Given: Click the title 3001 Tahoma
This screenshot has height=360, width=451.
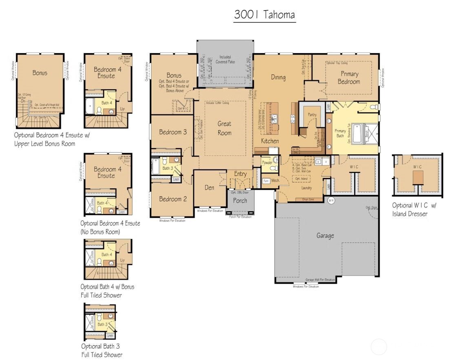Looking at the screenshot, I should tap(264, 15).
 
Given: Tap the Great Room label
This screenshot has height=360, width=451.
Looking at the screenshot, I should tap(224, 128).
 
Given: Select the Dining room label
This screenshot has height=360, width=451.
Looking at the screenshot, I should tap(278, 77).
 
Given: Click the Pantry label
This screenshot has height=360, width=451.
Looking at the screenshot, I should tap(312, 115).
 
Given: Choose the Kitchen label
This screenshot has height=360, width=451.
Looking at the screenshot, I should tap(270, 141).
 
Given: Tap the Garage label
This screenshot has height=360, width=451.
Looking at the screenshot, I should tap(325, 236).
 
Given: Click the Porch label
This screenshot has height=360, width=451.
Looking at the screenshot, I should tap(240, 201).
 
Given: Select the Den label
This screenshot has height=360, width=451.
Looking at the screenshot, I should tap(209, 188).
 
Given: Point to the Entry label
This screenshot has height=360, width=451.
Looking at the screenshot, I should tap(240, 174).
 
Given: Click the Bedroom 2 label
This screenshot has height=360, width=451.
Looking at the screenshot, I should tap(173, 199).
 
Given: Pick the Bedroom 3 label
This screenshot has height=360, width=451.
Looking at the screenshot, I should tap(173, 132).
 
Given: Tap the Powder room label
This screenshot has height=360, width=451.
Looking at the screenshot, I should tap(267, 162).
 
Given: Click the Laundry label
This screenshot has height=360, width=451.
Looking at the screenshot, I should tap(306, 188).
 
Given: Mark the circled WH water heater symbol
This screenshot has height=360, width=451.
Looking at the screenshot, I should tap(331, 200).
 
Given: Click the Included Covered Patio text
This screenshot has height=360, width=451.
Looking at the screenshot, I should tap(225, 60).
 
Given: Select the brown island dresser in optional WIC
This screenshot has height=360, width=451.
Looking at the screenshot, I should tap(417, 178).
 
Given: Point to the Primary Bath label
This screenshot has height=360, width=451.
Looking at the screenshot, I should tap(340, 133).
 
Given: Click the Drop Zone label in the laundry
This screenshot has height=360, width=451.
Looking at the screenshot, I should tap(307, 199).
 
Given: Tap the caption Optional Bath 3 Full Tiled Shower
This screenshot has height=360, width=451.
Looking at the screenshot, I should tap(101, 351).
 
